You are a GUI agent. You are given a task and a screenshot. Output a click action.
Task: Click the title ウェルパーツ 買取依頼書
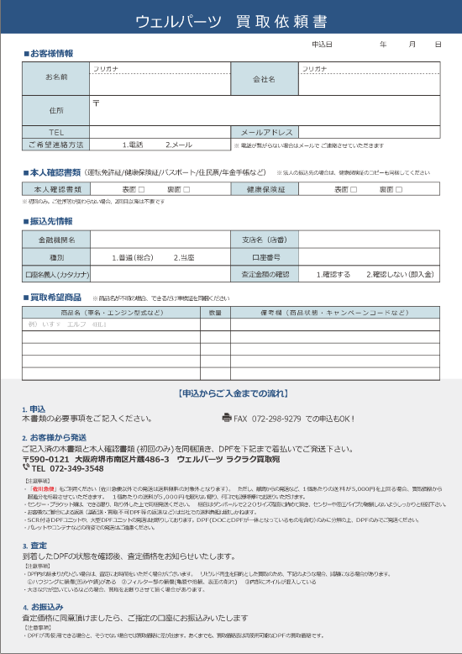point(231,21)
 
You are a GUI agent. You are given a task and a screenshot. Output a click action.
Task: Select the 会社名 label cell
point(264,78)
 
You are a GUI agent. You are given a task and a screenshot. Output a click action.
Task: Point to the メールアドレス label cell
point(266,132)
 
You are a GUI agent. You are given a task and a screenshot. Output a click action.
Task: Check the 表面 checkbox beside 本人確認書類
point(141,190)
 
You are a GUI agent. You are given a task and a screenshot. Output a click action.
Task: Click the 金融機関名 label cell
point(57,240)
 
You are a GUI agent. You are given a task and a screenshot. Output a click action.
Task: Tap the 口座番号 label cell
point(265,256)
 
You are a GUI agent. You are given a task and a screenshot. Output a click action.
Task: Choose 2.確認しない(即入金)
point(399,274)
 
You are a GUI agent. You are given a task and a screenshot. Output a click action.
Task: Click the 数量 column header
point(215,312)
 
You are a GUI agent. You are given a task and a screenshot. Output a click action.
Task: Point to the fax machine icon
point(226,417)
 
